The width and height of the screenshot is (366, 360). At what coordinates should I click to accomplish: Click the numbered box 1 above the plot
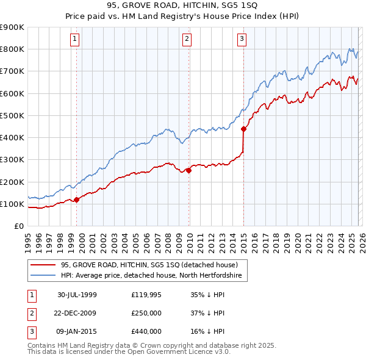tap(74, 40)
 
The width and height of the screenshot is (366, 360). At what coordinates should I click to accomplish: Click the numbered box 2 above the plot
tap(187, 40)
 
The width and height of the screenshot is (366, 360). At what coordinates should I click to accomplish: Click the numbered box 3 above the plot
tap(242, 40)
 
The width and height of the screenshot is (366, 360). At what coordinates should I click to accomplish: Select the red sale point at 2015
tap(243, 129)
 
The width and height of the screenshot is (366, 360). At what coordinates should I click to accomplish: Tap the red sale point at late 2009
tap(189, 171)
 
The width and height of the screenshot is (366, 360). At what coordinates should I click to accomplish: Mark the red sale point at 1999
tap(77, 200)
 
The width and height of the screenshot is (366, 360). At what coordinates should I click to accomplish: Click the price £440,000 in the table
tap(146, 331)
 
